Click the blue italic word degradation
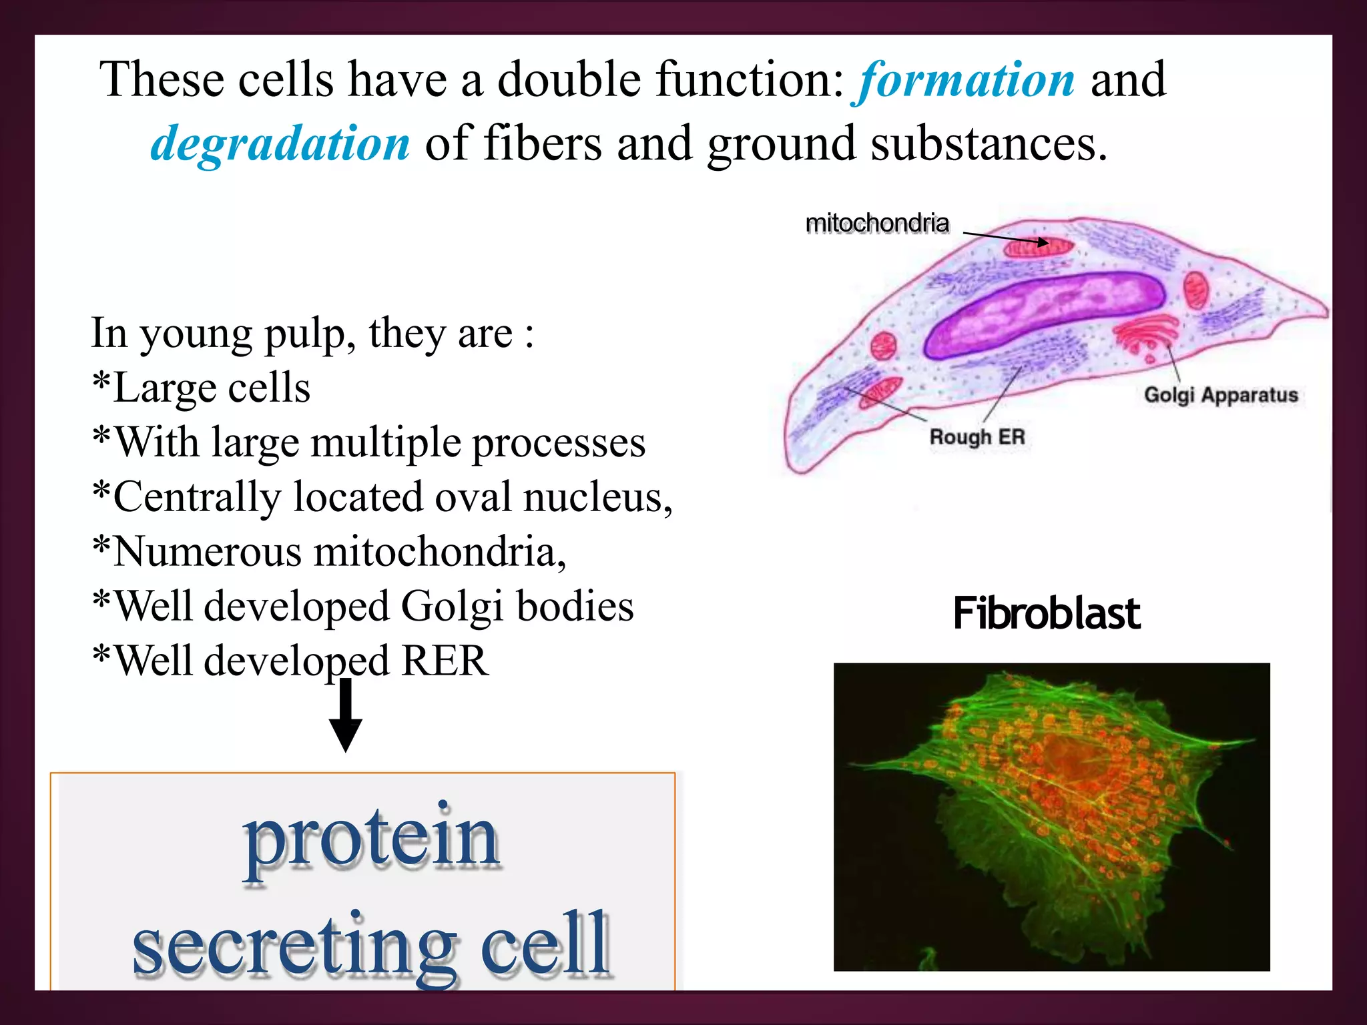[x=280, y=144]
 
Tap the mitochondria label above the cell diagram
[x=876, y=224]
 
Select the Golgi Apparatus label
[x=1221, y=394]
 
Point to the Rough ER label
[x=977, y=437]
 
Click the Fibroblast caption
[x=1046, y=614]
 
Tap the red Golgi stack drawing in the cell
[x=1146, y=334]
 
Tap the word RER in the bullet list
[x=445, y=661]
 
